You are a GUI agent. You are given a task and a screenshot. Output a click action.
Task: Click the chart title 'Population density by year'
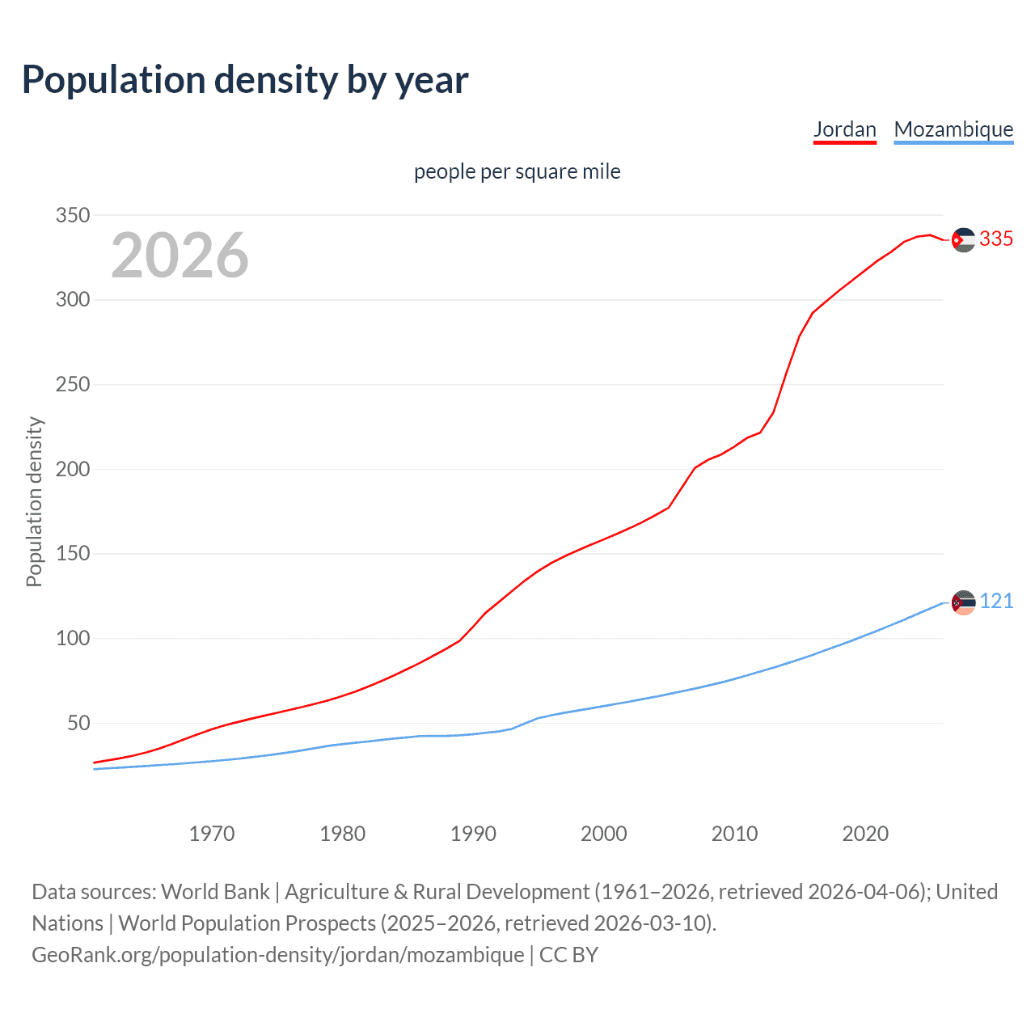tap(245, 79)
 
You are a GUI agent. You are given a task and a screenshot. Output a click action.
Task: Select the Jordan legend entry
tap(844, 129)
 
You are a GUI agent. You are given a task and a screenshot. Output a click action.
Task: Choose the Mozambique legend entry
tap(953, 129)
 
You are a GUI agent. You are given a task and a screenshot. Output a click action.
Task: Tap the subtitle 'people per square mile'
tap(517, 171)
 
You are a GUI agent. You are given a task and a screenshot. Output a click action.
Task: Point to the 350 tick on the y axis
tap(72, 215)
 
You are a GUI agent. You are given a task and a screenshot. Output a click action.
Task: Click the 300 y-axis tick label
tap(72, 300)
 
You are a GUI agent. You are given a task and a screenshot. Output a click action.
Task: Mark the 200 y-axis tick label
tap(72, 469)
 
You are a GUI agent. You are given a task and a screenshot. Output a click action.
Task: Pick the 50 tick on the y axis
tap(78, 723)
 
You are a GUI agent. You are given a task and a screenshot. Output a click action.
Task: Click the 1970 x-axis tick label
tap(212, 833)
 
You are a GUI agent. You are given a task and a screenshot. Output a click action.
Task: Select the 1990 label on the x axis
tap(473, 833)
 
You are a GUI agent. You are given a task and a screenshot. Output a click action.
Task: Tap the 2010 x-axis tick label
tap(734, 833)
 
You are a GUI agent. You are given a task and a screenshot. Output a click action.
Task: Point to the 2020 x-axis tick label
tap(865, 833)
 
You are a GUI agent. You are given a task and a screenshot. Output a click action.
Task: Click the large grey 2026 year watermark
tap(180, 256)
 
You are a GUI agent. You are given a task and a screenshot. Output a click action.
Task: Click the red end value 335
tap(996, 239)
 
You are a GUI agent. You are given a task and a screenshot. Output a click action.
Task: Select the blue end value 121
tap(996, 601)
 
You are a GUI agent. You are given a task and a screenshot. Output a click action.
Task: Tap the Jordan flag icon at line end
tap(963, 239)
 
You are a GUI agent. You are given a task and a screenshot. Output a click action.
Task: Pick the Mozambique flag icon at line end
tap(963, 602)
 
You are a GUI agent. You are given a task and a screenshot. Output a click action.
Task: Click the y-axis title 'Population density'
tap(34, 501)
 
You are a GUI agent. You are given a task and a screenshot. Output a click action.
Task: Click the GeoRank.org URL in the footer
tap(277, 954)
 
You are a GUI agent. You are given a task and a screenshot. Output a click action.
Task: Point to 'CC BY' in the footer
tap(568, 954)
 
